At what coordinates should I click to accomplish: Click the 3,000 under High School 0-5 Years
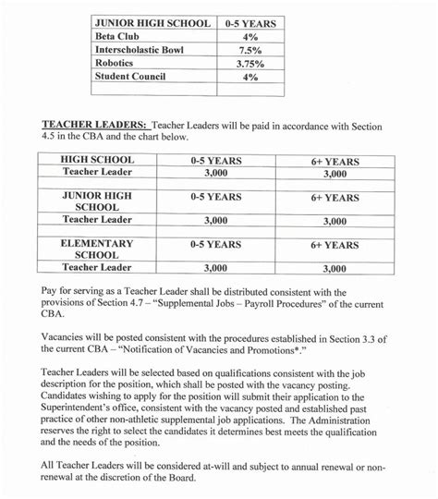tap(214, 173)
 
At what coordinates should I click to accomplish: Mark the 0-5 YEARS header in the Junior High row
tap(214, 197)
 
